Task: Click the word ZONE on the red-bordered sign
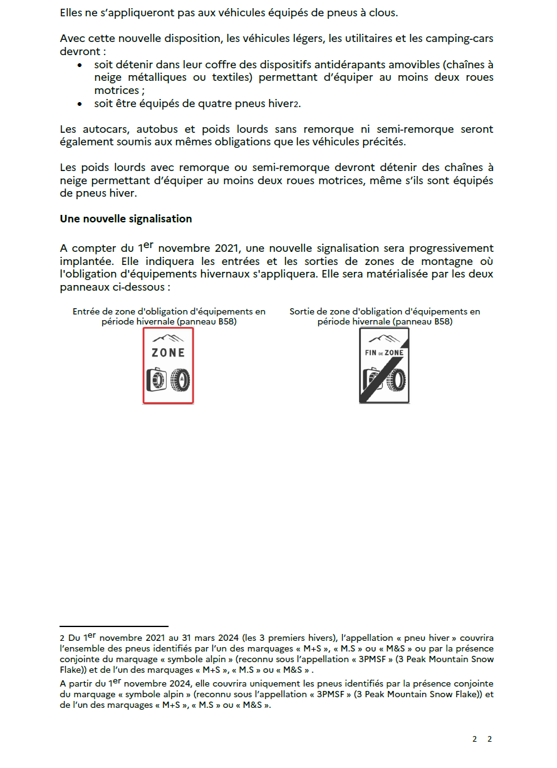tap(168, 353)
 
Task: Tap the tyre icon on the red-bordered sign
tap(182, 380)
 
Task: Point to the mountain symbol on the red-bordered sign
tap(168, 338)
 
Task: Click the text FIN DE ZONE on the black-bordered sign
tap(384, 353)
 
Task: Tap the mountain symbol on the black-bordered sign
tap(384, 338)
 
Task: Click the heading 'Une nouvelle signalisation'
tap(126, 219)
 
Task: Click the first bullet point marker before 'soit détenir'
tap(80, 65)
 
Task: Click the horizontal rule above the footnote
tap(114, 626)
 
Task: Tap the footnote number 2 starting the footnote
tap(63, 638)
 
